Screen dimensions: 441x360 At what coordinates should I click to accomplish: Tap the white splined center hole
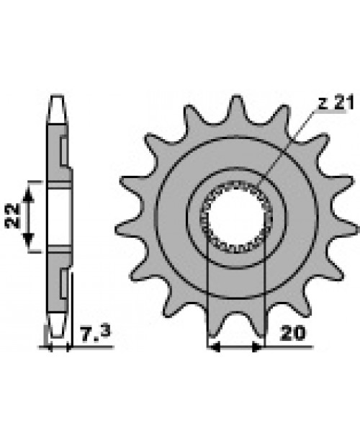(x=236, y=215)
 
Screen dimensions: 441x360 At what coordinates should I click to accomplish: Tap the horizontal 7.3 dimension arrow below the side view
(x=58, y=347)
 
